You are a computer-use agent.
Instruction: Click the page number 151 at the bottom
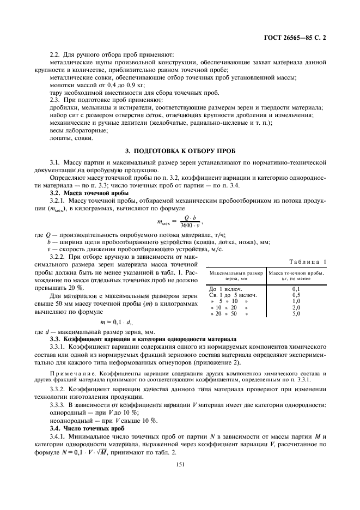[x=180, y=464]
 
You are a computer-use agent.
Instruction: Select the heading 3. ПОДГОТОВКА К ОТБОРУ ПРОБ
[x=180, y=150]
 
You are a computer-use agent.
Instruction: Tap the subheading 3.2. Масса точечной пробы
[x=89, y=193]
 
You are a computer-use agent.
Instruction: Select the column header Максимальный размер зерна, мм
[x=236, y=276]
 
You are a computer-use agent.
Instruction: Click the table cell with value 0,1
[x=297, y=288]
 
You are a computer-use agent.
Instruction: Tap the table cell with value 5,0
[x=297, y=314]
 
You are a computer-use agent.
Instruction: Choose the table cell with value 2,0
[x=297, y=308]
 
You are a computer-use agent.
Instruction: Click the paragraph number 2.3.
[x=55, y=100]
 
